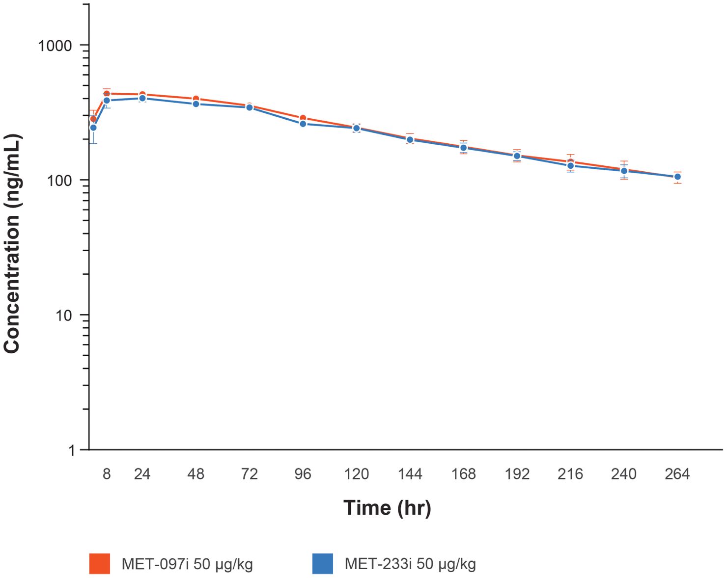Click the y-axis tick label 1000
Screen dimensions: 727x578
click(55, 46)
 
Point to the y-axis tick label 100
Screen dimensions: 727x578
click(59, 181)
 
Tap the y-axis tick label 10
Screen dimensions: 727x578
click(63, 315)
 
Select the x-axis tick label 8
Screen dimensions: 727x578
click(107, 474)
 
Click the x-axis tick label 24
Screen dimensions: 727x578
click(142, 474)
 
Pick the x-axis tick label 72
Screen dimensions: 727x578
click(250, 474)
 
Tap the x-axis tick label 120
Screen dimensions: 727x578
click(356, 474)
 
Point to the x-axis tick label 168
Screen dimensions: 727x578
click(464, 474)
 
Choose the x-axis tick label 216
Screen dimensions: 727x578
click(570, 474)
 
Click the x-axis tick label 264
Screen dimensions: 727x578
click(677, 474)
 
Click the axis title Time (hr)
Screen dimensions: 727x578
click(387, 508)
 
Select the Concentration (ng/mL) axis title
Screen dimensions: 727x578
click(12, 244)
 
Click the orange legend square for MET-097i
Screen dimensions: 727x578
click(100, 563)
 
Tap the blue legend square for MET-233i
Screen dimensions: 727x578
click(323, 563)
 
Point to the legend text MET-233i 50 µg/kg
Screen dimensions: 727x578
click(410, 564)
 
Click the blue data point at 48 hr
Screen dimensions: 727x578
click(196, 104)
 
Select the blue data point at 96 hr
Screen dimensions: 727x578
click(303, 124)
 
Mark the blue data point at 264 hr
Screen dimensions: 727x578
click(677, 177)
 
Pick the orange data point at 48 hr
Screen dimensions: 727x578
click(196, 99)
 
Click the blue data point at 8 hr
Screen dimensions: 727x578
click(107, 100)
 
